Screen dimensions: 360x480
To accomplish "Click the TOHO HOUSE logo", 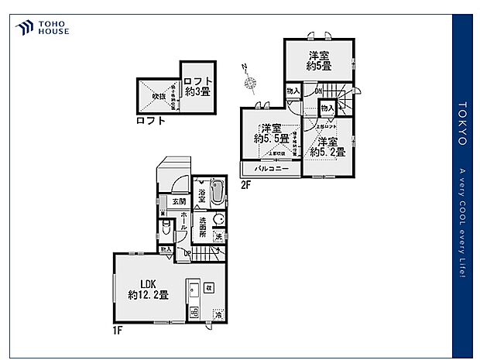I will (42, 29).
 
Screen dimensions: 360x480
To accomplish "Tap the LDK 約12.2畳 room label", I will (149, 288).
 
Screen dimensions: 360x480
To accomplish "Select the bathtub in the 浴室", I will (217, 191).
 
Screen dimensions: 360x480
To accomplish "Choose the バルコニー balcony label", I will (272, 169).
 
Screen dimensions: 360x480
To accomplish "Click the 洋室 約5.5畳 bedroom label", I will (272, 133).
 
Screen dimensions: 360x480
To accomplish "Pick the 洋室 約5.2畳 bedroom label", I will (326, 146).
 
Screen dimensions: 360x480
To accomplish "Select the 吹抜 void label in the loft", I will (158, 96).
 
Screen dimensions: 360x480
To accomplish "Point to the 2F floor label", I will (245, 184).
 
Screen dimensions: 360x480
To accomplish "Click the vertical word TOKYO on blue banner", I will (462, 124).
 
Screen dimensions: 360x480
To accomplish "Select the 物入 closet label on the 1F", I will (166, 249).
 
